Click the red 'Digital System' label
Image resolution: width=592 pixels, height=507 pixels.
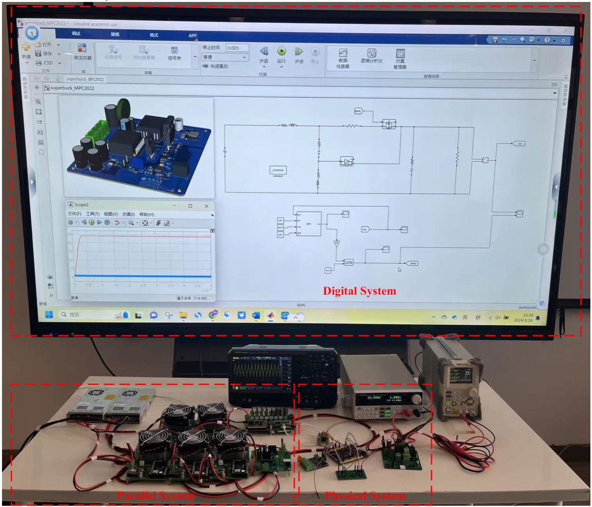pos(359,291)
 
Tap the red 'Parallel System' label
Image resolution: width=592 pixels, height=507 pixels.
pos(156,496)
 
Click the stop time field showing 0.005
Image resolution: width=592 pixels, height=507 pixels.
pos(237,48)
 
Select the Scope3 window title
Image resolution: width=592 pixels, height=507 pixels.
pos(81,205)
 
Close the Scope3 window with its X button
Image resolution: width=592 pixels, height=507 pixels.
pos(206,206)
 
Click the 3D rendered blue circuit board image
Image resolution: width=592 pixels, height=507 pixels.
pos(137,147)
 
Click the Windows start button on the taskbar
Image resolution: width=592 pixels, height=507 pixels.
pos(49,314)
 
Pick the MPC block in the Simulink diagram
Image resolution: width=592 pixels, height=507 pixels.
pos(308,224)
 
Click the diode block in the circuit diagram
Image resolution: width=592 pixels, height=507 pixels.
pos(346,161)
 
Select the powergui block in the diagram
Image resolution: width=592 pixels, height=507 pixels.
pos(278,171)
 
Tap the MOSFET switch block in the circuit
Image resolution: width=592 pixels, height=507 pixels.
pos(388,124)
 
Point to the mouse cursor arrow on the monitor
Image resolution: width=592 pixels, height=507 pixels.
pos(399,269)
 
